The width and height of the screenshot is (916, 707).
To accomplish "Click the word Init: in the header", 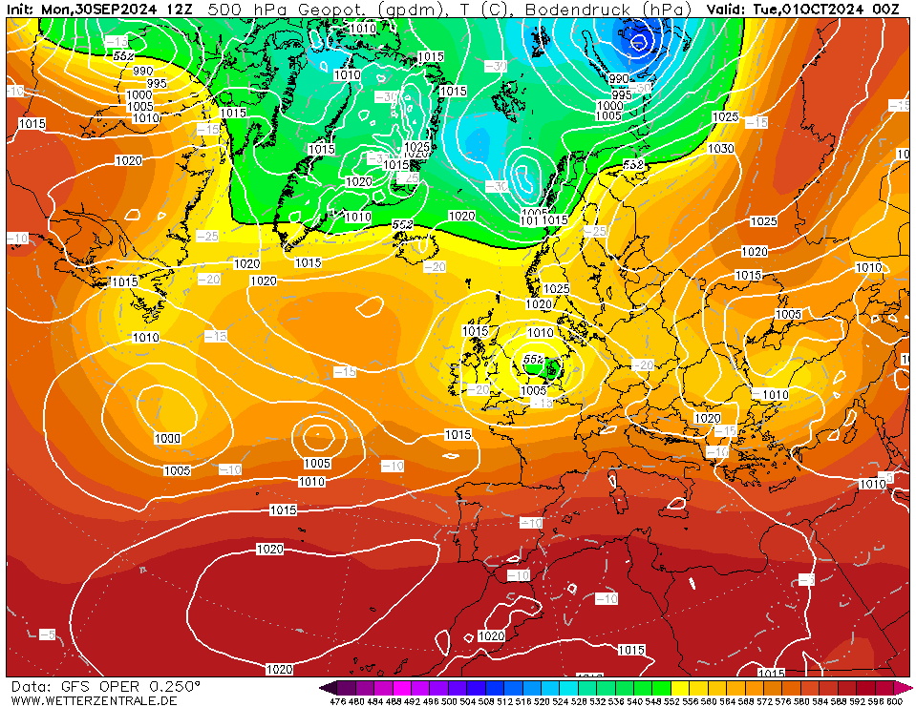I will coord(21,10).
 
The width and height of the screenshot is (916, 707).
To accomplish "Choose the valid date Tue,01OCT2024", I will coord(809,10).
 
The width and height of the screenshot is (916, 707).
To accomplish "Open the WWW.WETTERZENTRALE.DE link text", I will coord(94,701).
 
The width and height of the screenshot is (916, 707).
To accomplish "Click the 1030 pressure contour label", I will coord(720,149).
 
